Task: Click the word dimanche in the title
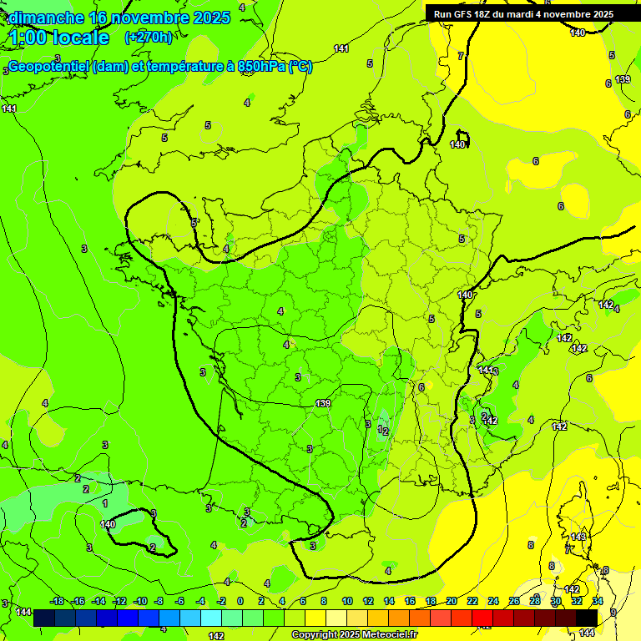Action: pyautogui.click(x=46, y=18)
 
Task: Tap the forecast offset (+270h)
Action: pyautogui.click(x=149, y=37)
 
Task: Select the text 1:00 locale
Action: pyautogui.click(x=58, y=38)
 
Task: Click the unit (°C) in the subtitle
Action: pyautogui.click(x=300, y=67)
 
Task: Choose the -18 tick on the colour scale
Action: pyautogui.click(x=57, y=601)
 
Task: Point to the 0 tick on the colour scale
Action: pyautogui.click(x=240, y=601)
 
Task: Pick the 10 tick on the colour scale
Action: pyautogui.click(x=346, y=601)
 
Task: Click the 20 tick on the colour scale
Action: pyautogui.click(x=452, y=601)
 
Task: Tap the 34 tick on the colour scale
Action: pyautogui.click(x=598, y=601)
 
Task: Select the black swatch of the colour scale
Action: pyautogui.click(x=587, y=618)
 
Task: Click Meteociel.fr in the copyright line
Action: pyautogui.click(x=389, y=635)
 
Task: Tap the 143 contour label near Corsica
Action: pyautogui.click(x=578, y=537)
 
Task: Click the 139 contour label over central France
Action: pyautogui.click(x=323, y=403)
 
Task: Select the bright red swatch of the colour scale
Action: pyautogui.click(x=482, y=618)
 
